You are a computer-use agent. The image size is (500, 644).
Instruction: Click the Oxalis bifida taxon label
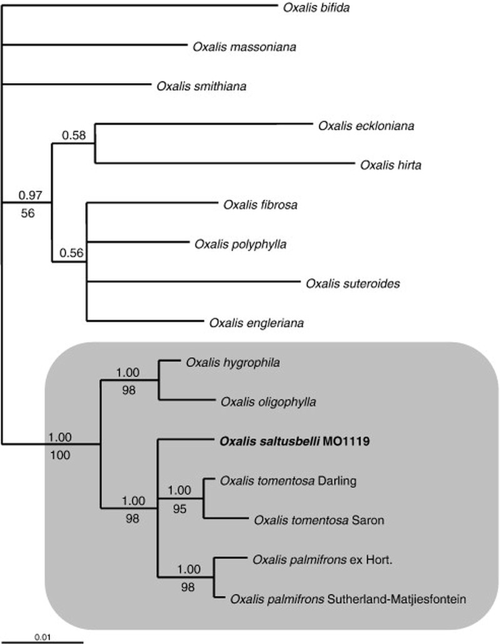click(x=316, y=8)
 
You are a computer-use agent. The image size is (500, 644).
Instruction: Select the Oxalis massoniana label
click(x=244, y=47)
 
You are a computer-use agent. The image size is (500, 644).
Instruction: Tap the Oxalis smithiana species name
click(x=201, y=86)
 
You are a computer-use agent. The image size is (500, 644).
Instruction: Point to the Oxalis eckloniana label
click(x=366, y=126)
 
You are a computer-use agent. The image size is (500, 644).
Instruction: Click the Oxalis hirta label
click(x=391, y=165)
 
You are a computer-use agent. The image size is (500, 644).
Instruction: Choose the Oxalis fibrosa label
click(x=260, y=204)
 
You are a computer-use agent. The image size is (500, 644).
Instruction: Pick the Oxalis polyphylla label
click(x=241, y=244)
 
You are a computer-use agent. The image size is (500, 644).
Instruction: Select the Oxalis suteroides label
click(x=352, y=284)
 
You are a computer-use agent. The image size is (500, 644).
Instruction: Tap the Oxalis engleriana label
click(x=257, y=323)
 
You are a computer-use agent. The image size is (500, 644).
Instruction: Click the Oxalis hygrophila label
click(x=232, y=363)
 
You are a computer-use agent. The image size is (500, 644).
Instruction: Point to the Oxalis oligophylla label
click(x=269, y=402)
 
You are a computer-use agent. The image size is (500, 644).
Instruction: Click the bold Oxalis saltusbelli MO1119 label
click(x=295, y=441)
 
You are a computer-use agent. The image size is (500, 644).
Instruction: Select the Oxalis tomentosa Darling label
click(x=288, y=481)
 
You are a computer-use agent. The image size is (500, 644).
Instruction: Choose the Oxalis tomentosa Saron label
click(x=319, y=520)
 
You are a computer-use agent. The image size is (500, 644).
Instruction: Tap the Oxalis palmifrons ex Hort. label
click(x=322, y=560)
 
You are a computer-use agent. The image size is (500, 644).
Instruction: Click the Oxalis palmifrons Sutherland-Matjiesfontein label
click(x=348, y=599)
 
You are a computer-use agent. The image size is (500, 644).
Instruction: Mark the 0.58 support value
click(x=74, y=135)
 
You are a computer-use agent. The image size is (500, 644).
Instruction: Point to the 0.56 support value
click(x=71, y=253)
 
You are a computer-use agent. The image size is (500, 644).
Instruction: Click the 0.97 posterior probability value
click(x=31, y=196)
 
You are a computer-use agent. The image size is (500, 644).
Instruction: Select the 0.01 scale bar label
click(x=42, y=637)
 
